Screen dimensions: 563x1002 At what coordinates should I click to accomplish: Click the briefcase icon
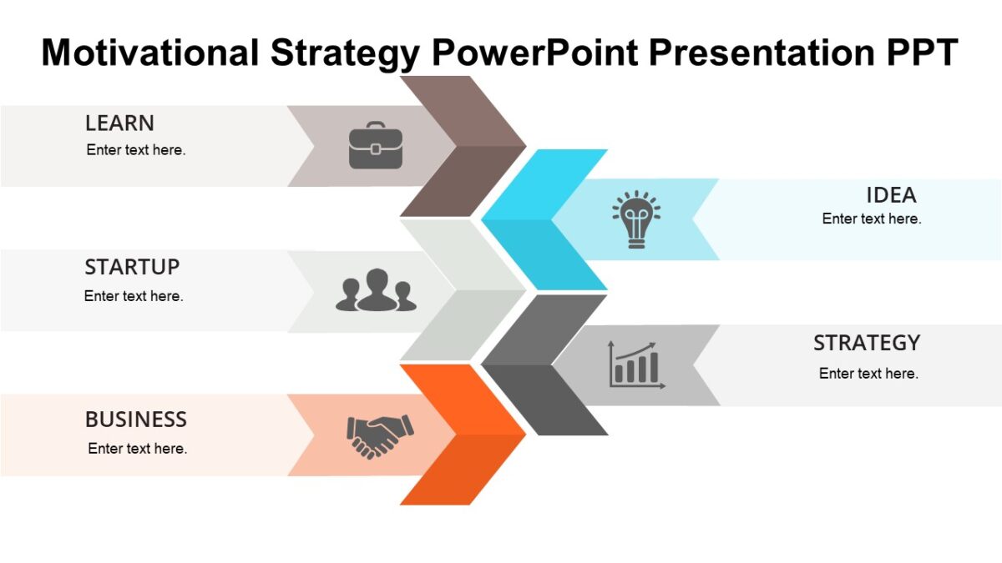click(376, 146)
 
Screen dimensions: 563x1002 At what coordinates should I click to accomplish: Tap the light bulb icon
click(636, 219)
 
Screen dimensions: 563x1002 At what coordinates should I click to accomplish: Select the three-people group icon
click(376, 290)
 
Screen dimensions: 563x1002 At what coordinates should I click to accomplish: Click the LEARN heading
click(119, 123)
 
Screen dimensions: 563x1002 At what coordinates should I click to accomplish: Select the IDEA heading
click(891, 195)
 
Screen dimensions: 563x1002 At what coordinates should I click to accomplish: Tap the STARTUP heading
click(132, 268)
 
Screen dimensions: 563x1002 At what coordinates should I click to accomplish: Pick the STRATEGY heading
click(867, 343)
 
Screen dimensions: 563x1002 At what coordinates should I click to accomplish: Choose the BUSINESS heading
click(136, 419)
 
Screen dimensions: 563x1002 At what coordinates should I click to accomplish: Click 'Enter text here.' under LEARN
click(136, 151)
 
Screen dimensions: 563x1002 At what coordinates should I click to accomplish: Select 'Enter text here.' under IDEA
click(872, 219)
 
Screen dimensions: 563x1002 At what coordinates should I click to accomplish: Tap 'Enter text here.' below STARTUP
click(134, 296)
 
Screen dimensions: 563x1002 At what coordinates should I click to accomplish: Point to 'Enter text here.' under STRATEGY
click(868, 373)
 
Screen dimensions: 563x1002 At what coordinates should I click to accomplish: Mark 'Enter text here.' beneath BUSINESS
click(138, 449)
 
